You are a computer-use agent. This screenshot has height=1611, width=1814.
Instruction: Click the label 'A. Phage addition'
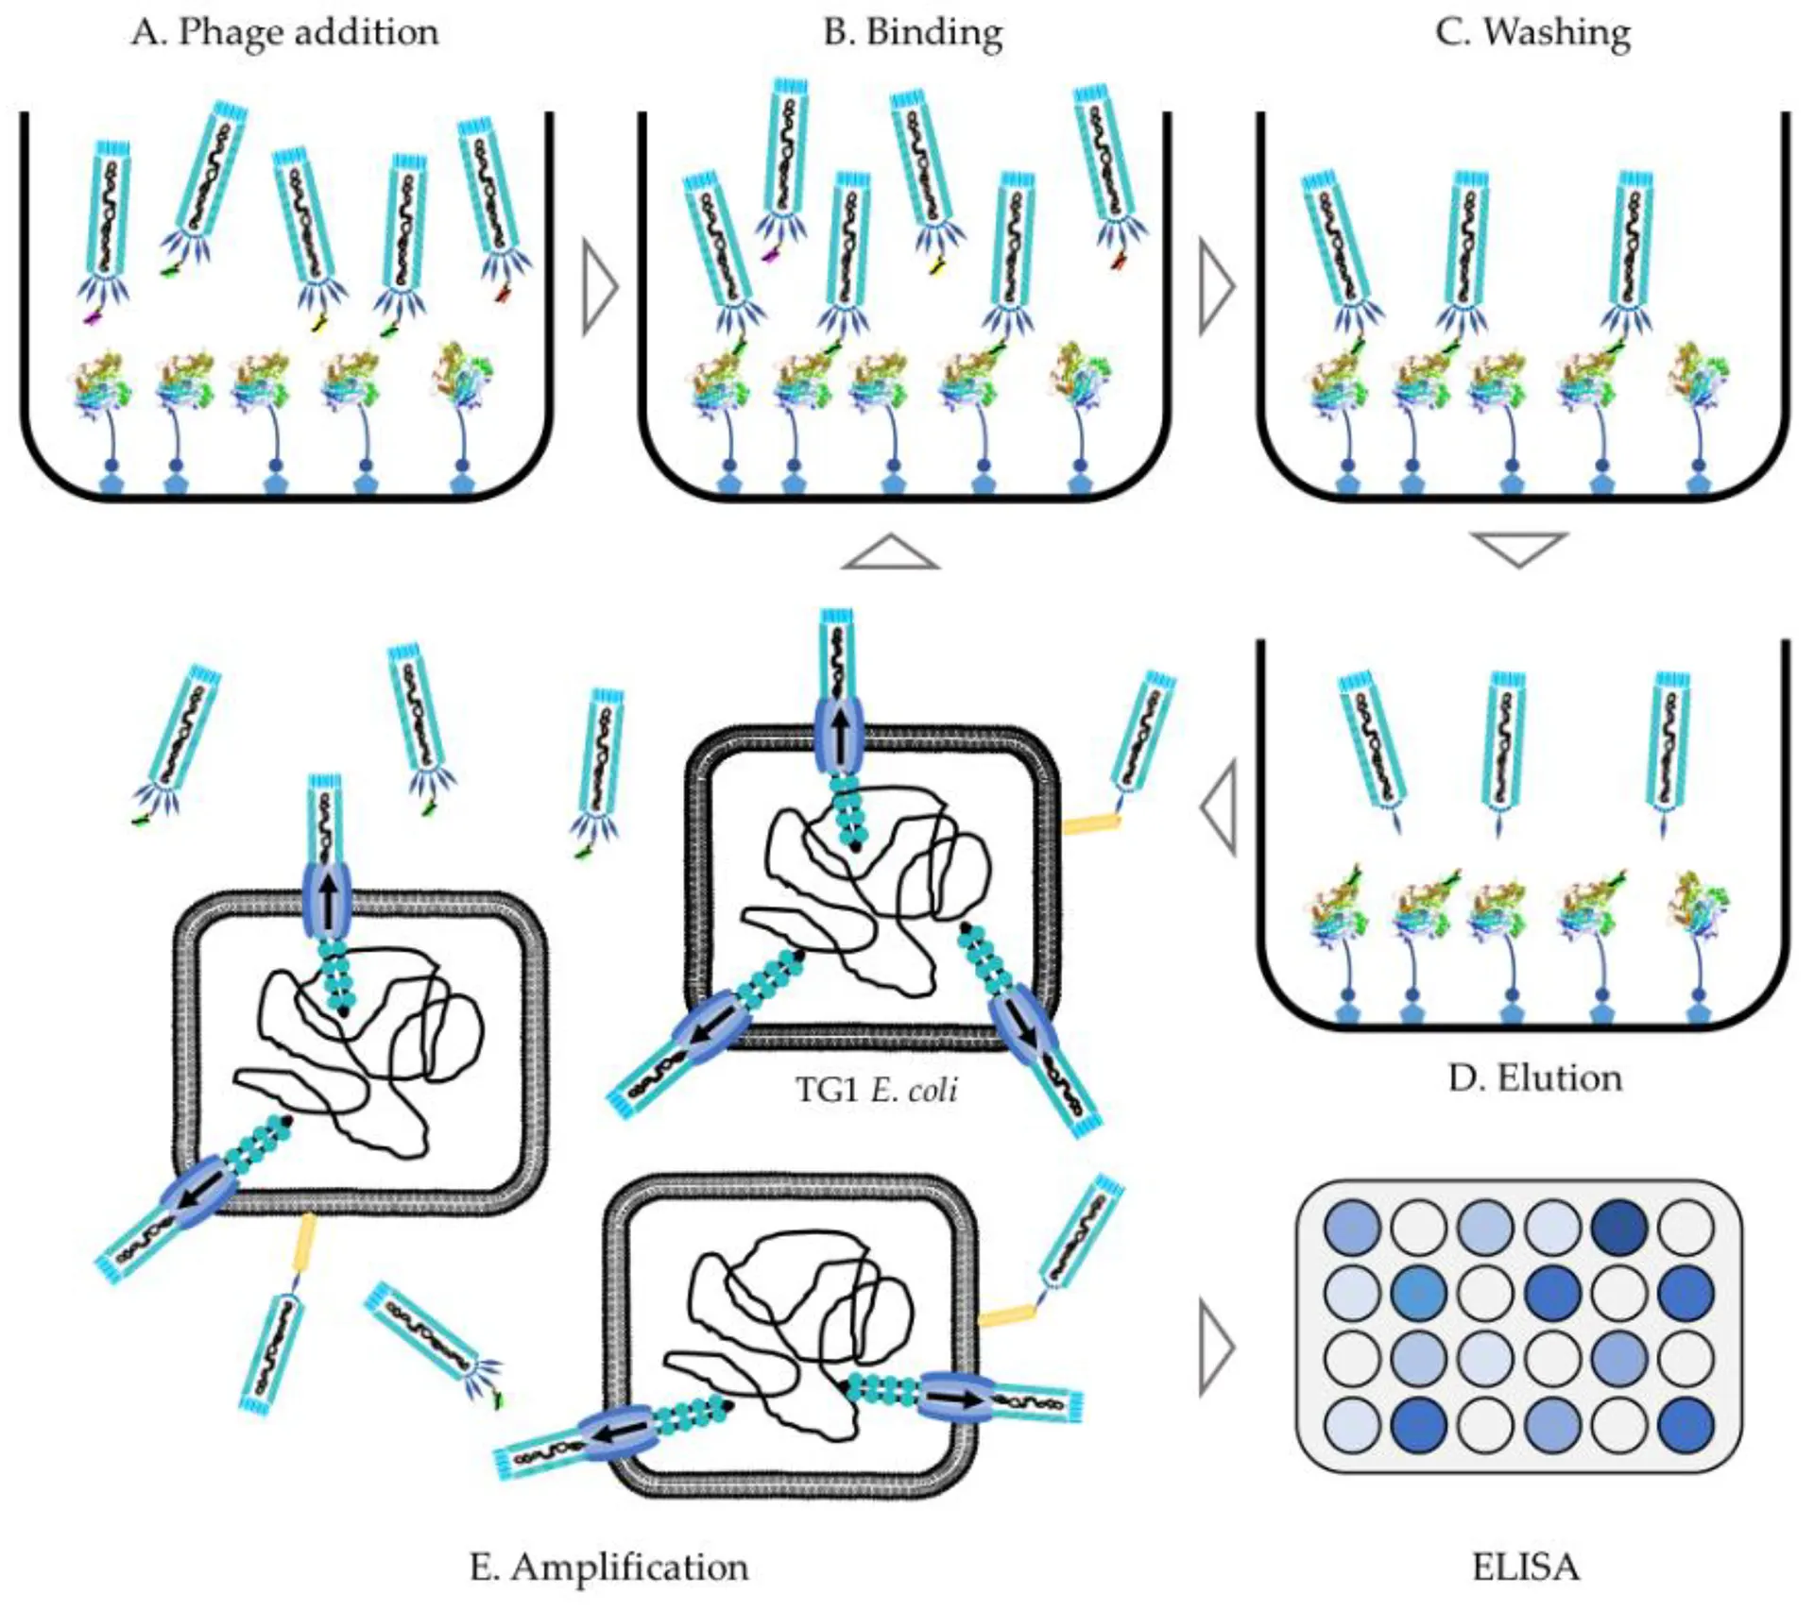(284, 33)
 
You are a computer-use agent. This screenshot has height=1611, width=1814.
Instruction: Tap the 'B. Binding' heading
(912, 33)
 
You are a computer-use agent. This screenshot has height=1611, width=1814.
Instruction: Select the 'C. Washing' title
(1532, 33)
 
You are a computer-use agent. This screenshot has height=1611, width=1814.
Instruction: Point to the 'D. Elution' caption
(1534, 1077)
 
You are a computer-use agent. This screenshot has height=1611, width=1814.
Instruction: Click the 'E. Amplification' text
(608, 1567)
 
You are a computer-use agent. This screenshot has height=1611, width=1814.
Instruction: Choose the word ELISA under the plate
(1525, 1567)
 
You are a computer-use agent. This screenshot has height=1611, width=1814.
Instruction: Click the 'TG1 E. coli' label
(876, 1090)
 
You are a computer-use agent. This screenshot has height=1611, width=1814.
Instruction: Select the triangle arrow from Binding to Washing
(1217, 286)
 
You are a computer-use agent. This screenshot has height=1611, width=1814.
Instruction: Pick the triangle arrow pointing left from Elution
(1220, 809)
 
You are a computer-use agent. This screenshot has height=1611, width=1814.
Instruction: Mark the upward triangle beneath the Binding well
(890, 553)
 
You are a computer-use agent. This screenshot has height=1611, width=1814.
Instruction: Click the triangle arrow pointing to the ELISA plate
(1216, 1347)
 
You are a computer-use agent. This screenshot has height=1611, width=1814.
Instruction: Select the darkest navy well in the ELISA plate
(1619, 1227)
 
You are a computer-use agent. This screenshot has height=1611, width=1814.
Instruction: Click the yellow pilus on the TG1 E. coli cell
(1091, 825)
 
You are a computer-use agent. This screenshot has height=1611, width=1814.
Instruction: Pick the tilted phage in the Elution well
(1372, 746)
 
